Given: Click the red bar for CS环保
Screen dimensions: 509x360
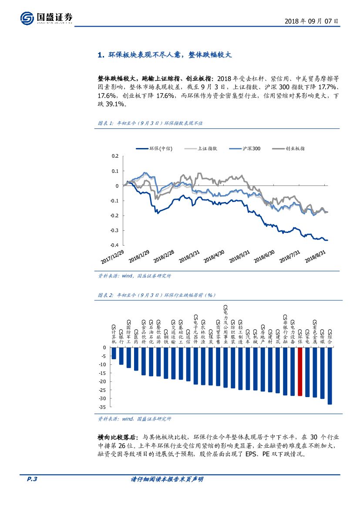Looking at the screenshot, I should (299, 371).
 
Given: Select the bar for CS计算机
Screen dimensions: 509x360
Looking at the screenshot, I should (114, 353).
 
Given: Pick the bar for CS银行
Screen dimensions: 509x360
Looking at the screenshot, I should (121, 356).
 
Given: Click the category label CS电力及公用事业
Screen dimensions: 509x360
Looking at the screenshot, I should (225, 325).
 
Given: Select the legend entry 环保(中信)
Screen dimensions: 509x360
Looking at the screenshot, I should (155, 148).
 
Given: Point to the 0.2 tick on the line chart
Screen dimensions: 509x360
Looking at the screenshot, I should (115, 156).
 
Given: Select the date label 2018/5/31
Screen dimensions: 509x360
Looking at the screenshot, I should (240, 256).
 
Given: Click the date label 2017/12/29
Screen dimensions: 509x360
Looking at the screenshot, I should (112, 256).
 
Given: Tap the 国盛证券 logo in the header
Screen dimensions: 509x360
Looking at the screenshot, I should (47, 18).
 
